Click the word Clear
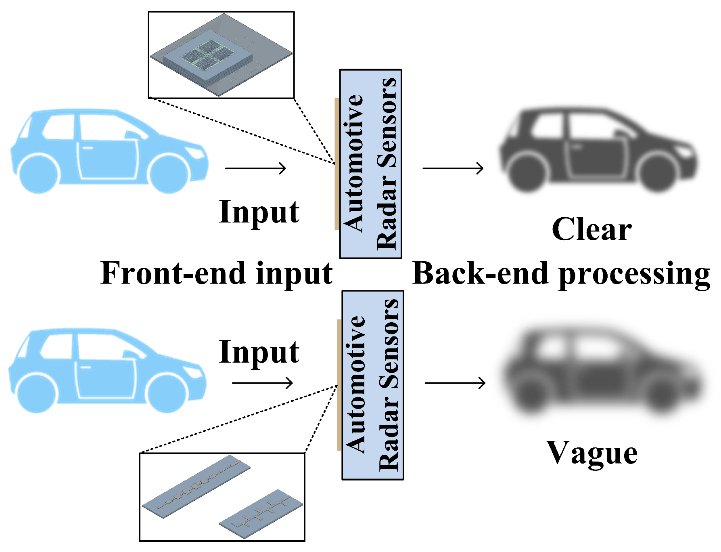591,229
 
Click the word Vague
592,453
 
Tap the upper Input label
259,212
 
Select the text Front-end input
216,274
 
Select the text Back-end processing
561,274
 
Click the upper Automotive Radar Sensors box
370,164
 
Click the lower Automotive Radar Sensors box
372,385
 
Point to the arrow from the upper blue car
255,168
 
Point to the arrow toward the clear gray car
453,168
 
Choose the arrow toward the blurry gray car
455,383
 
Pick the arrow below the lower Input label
262,383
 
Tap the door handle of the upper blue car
88,148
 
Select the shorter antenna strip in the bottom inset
261,514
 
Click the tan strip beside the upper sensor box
337,164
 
